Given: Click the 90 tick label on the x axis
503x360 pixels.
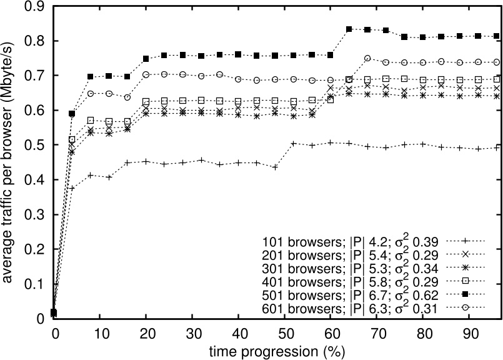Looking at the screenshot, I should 470,331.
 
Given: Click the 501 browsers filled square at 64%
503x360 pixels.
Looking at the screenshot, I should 349,29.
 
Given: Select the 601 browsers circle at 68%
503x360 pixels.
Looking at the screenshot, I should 368,58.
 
